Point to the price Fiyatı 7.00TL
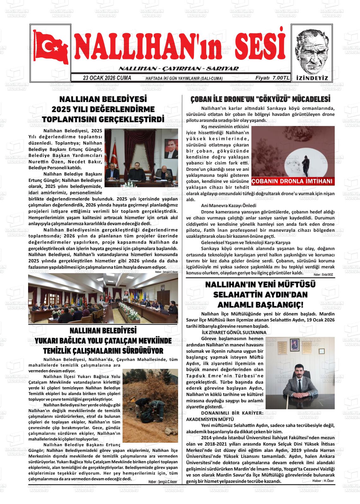coord(272,78)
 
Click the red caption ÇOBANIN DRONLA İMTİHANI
coord(292,181)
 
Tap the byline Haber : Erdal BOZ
coord(323,274)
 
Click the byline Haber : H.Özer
coord(323,481)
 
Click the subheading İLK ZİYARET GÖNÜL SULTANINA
coord(234,333)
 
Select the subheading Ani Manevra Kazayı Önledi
coord(229,206)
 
